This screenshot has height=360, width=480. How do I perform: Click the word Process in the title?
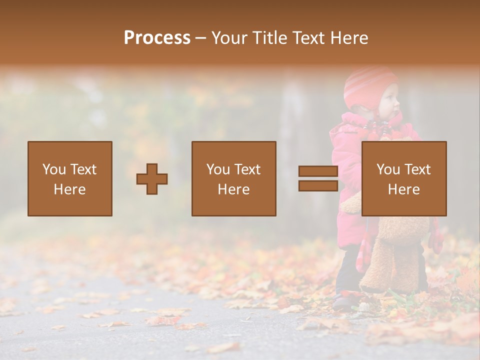157,38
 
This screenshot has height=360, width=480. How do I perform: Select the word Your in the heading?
228,38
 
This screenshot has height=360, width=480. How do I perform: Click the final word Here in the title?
350,38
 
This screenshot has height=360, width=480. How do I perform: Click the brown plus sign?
152,179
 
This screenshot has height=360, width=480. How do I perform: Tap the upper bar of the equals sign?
318,171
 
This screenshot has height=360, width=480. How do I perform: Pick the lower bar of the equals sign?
318,186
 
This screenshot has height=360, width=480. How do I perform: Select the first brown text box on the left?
69,178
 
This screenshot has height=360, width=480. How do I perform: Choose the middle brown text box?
233,178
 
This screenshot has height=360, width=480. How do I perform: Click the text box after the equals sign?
403,178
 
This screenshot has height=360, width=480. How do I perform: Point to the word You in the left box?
54,169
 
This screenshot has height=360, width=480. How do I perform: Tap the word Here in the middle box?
233,189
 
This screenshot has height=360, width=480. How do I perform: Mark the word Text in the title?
305,38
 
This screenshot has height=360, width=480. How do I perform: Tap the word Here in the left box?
69,189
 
